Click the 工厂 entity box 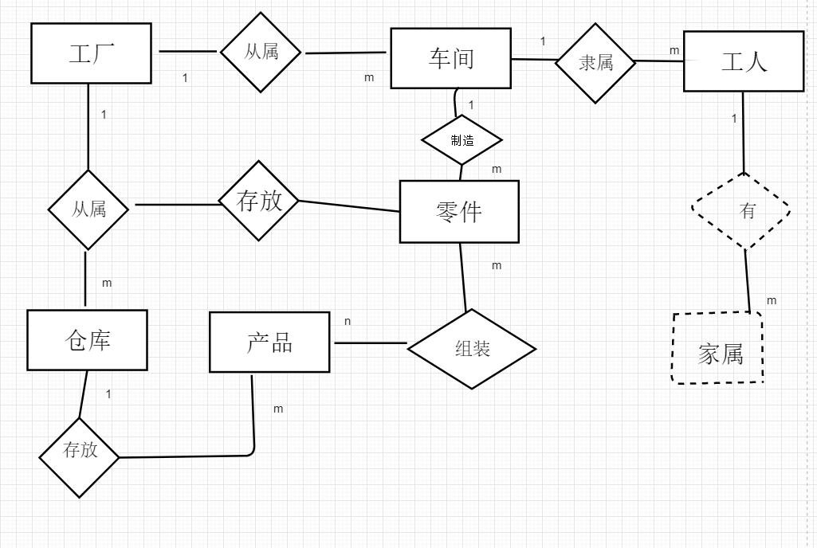tap(91, 53)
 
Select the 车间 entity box tap(450, 58)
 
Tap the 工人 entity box tap(744, 61)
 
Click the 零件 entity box tap(459, 211)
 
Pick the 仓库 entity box tap(87, 340)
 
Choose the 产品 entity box tap(269, 342)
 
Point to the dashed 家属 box tap(717, 349)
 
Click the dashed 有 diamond tap(742, 210)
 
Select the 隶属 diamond tap(595, 63)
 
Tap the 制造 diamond tap(462, 140)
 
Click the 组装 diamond tap(472, 348)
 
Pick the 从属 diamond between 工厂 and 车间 tap(261, 53)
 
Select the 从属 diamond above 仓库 tap(88, 209)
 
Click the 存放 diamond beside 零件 tap(260, 201)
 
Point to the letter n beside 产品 tap(348, 321)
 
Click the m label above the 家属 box tap(772, 300)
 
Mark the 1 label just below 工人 tap(734, 119)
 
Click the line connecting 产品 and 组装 tap(371, 343)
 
